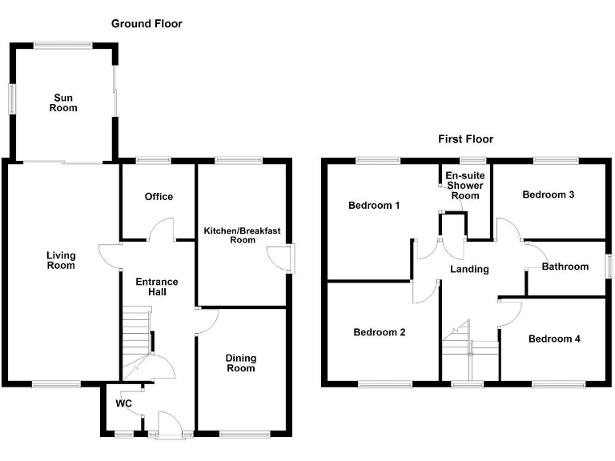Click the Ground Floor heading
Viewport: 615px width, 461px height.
[147, 24]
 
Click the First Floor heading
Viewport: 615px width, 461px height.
[465, 139]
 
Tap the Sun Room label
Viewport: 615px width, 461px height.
[63, 102]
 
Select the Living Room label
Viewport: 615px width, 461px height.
[61, 260]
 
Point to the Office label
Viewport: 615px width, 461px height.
[159, 197]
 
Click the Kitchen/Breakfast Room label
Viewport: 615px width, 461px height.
[242, 235]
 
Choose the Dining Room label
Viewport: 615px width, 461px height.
[241, 363]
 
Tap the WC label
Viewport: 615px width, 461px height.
[123, 403]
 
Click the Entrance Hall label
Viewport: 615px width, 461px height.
[157, 287]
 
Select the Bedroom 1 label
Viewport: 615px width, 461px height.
[374, 206]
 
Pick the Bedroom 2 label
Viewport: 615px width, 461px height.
[380, 332]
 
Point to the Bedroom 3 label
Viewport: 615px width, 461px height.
[549, 194]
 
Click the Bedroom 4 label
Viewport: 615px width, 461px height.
[554, 339]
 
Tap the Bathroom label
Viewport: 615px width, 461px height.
[565, 267]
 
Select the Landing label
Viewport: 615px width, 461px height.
[469, 269]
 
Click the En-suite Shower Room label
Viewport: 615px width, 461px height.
[465, 186]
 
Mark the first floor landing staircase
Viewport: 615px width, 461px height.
[470, 350]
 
